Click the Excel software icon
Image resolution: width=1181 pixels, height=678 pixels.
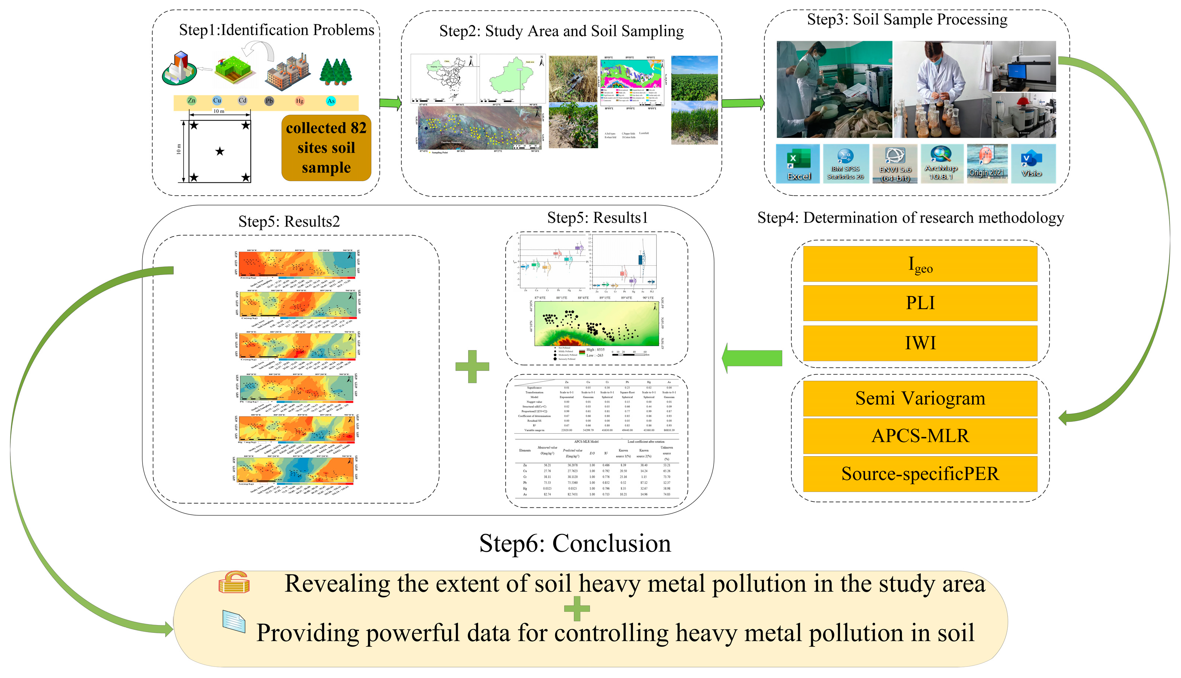click(x=798, y=164)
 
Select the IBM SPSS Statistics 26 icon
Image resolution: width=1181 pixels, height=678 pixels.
click(x=845, y=164)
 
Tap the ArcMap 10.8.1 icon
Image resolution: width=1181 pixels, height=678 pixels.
click(x=941, y=164)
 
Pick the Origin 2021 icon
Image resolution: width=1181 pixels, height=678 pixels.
click(x=987, y=164)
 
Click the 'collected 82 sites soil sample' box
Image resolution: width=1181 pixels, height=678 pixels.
click(x=326, y=148)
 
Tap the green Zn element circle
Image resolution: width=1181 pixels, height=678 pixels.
click(x=191, y=101)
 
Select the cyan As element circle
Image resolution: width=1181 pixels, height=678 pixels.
click(x=331, y=101)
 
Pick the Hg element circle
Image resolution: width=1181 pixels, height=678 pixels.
click(x=300, y=101)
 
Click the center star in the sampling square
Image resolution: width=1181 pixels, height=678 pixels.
click(x=220, y=151)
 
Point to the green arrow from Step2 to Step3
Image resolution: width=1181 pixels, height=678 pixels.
click(x=743, y=103)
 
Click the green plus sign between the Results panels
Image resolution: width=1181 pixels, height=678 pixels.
click(x=473, y=366)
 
